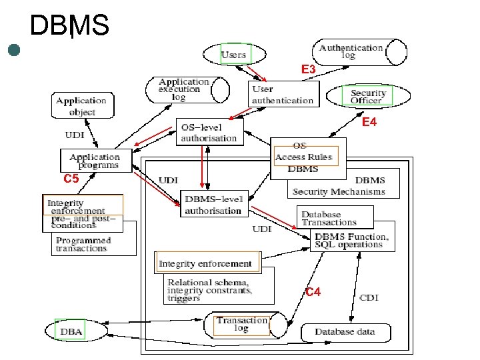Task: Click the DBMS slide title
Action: [x=69, y=26]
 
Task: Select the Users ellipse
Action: [x=233, y=54]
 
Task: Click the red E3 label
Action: [x=309, y=69]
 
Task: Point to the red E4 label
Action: [x=369, y=123]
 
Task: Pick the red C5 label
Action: [x=71, y=179]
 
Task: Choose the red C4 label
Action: [x=313, y=292]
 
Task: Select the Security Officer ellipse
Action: [x=367, y=97]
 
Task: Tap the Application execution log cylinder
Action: [x=184, y=89]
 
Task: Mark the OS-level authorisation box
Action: [x=209, y=132]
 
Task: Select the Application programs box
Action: [x=94, y=161]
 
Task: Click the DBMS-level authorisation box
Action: [x=213, y=204]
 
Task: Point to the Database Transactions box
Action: [x=329, y=218]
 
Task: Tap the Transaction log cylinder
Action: [x=242, y=325]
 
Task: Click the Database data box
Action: [x=345, y=332]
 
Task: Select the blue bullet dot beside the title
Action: [x=14, y=49]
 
